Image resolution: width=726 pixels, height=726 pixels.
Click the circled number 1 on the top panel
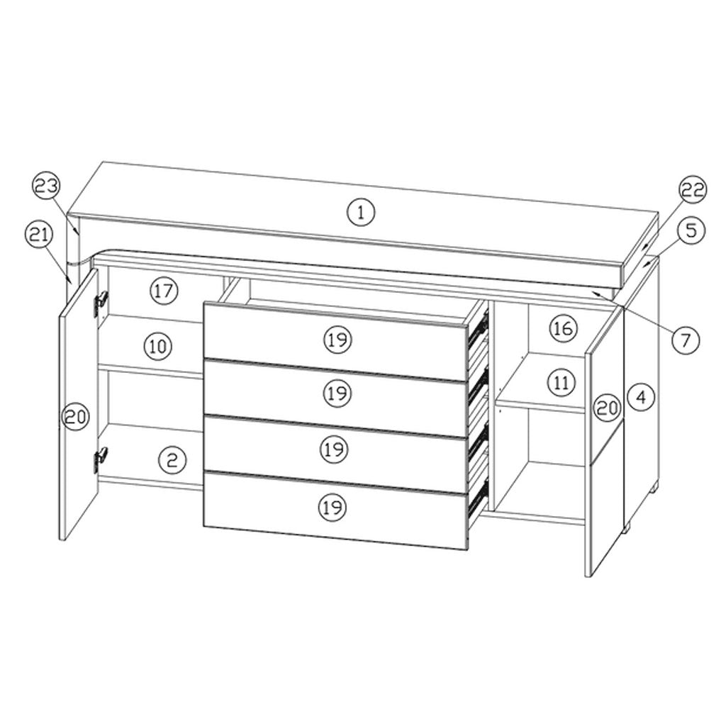coord(361,211)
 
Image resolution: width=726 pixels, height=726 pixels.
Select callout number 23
coord(46,188)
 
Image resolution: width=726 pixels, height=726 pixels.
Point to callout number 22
coord(691,189)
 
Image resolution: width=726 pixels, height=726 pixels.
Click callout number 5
coord(691,230)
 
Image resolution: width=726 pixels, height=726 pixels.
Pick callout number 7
coord(686,340)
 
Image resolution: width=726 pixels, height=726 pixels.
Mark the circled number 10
coord(157,347)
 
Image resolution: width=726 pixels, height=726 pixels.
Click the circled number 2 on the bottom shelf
coord(172,460)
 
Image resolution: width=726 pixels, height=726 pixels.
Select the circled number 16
coord(563,328)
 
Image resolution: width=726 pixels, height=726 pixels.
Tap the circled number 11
coord(562,383)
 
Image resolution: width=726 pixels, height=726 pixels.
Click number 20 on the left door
coord(74,417)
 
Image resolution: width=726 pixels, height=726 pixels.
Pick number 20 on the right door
coord(608,407)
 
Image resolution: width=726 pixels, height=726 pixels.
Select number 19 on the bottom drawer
coord(330,506)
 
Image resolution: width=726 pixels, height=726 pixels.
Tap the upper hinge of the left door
coord(101,300)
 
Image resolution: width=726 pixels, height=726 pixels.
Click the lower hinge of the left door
coord(100,459)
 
